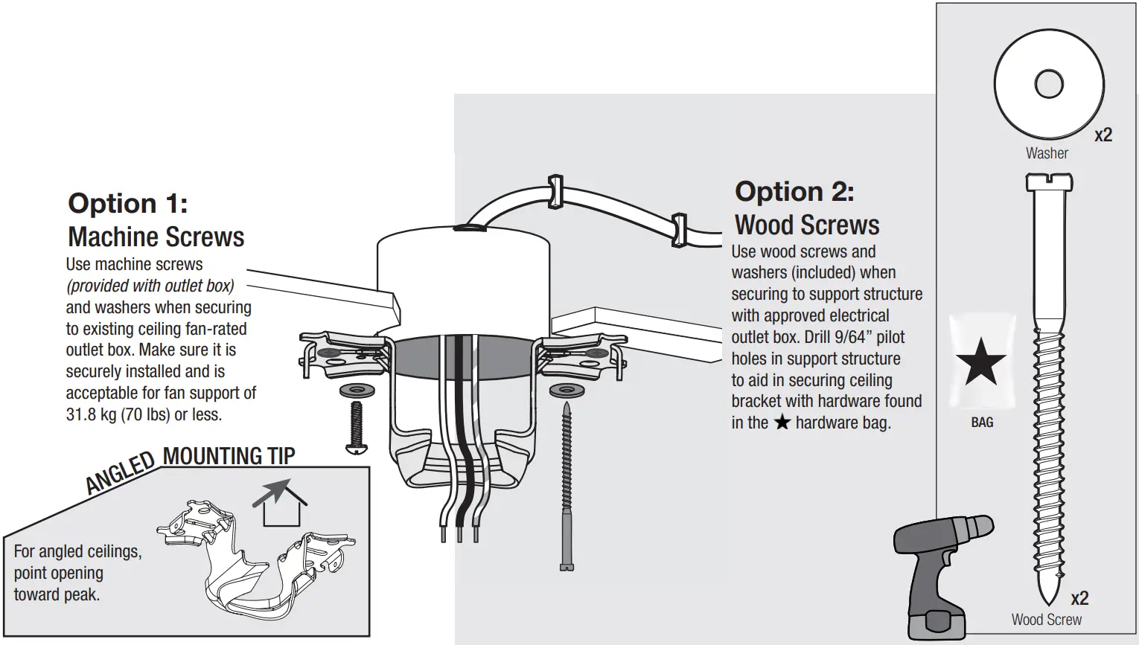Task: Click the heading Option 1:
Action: click(x=127, y=204)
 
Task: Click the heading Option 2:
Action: click(x=794, y=192)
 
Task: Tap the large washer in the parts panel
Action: click(x=1048, y=84)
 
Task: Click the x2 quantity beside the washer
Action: click(x=1103, y=135)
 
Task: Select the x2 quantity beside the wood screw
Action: click(x=1079, y=598)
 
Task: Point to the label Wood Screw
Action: click(x=1046, y=620)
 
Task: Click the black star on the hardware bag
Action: click(x=981, y=362)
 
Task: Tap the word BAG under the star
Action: click(x=982, y=423)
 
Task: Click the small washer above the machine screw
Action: click(x=357, y=390)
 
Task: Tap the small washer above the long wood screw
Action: click(x=567, y=390)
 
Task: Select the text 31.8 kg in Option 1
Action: click(x=91, y=414)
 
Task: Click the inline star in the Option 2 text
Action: click(x=782, y=423)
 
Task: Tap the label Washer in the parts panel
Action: click(x=1047, y=153)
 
